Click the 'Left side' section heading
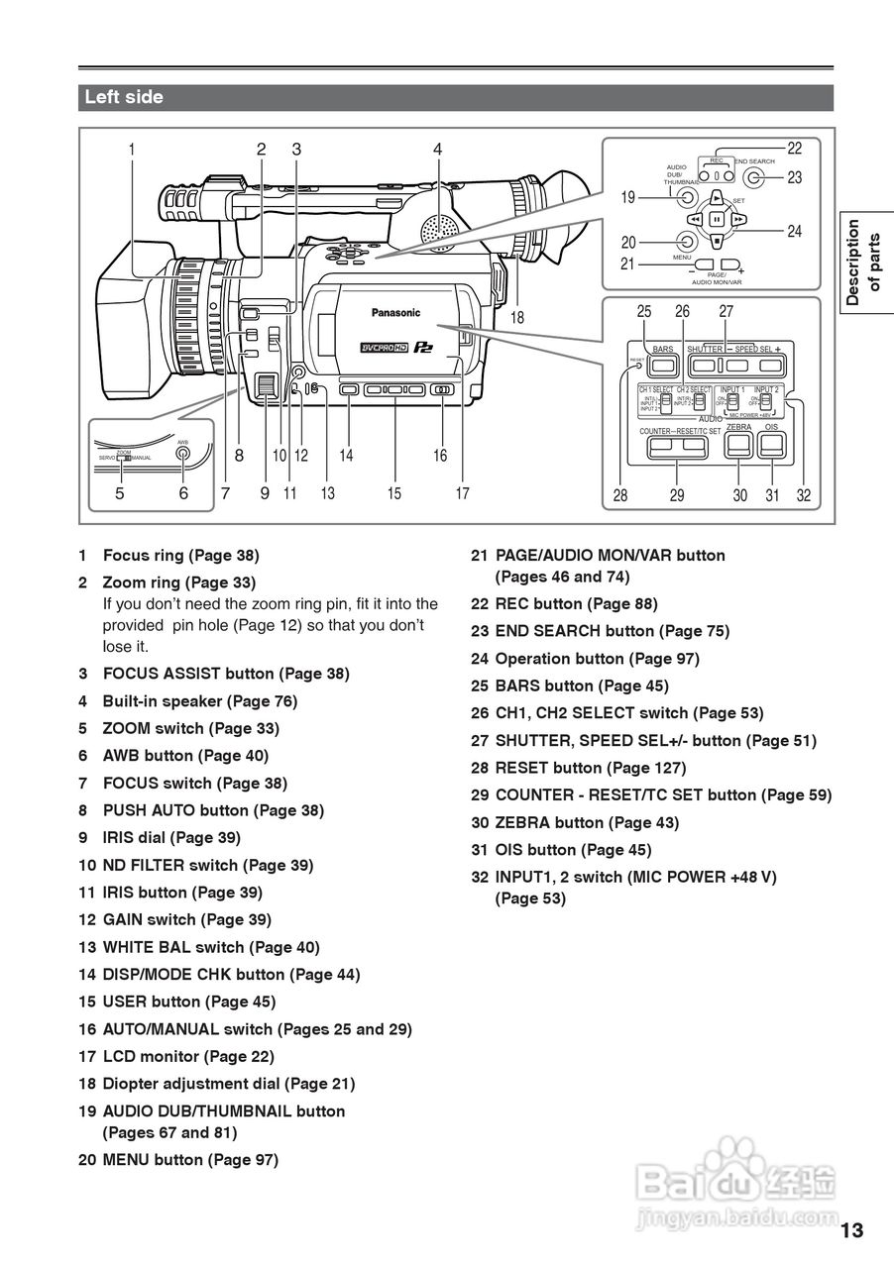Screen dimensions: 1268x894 (x=124, y=98)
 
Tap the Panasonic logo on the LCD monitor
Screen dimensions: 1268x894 (x=395, y=313)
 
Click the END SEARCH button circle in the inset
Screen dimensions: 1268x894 (x=755, y=177)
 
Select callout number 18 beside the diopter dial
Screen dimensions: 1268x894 (x=517, y=318)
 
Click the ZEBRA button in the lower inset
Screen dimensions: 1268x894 (x=737, y=446)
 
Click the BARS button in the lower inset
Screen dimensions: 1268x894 (x=663, y=366)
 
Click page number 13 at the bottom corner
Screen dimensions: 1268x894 (x=852, y=1231)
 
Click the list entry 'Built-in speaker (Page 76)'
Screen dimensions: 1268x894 (x=199, y=701)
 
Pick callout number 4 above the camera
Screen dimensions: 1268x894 (x=437, y=150)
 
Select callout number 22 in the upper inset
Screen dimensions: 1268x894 (x=795, y=149)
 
